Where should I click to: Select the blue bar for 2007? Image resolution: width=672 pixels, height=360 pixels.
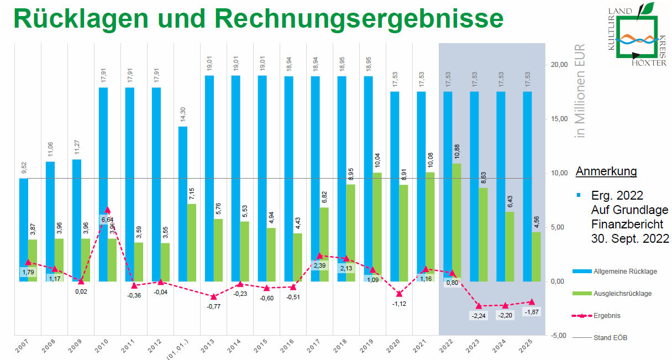coord(23,229)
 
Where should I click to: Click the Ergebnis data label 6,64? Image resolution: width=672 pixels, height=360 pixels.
coord(107,220)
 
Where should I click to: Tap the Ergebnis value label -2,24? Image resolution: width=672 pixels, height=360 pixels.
coord(479,316)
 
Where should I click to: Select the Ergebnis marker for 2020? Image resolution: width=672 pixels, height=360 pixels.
coord(399,294)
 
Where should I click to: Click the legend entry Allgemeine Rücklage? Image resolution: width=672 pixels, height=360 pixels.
coord(624,272)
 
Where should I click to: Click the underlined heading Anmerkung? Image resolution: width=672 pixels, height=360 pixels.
coord(606,171)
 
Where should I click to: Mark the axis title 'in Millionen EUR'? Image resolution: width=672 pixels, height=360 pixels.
coord(580,91)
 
